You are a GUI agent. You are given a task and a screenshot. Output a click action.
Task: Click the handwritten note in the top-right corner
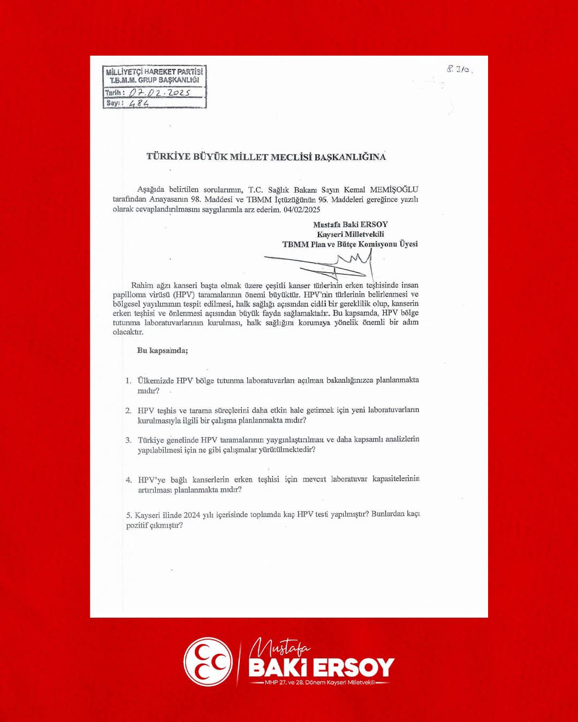pos(460,69)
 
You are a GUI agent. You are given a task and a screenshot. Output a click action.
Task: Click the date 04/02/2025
pos(302,210)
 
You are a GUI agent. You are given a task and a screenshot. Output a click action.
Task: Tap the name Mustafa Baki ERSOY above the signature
pos(350,225)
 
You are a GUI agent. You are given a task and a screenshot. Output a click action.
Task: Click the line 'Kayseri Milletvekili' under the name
pos(350,234)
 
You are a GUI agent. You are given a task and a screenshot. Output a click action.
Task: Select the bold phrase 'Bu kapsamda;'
pos(162,351)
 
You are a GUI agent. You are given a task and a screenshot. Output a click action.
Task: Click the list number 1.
pos(128,381)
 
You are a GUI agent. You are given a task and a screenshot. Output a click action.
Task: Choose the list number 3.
pos(128,440)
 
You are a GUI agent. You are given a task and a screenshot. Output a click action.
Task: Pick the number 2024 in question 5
pos(192,515)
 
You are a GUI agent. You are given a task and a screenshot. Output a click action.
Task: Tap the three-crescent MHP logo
pos(208,662)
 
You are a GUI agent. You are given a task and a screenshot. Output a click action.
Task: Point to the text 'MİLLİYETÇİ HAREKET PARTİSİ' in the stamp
pos(154,72)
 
